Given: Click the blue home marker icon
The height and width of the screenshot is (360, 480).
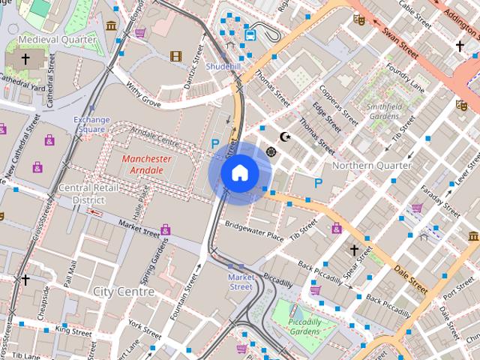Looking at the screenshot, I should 239,173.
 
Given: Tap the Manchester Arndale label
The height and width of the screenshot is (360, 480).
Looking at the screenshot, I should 146,164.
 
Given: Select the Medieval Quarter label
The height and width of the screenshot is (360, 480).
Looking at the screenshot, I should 58,39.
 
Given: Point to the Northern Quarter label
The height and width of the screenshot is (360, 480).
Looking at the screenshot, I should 371,165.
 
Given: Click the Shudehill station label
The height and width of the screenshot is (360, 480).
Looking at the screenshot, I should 224,67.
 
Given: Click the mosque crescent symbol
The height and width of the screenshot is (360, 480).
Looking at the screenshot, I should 284,136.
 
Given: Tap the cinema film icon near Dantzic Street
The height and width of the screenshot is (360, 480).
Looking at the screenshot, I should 175,55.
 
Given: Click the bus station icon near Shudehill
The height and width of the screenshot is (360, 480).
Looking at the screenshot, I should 250,34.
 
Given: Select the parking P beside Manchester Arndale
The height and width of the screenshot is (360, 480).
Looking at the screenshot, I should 215,143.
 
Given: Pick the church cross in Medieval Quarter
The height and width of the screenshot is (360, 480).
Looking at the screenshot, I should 26,59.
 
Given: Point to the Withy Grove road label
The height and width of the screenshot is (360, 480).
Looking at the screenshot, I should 143,94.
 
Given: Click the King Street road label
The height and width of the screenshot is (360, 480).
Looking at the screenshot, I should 73,330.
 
